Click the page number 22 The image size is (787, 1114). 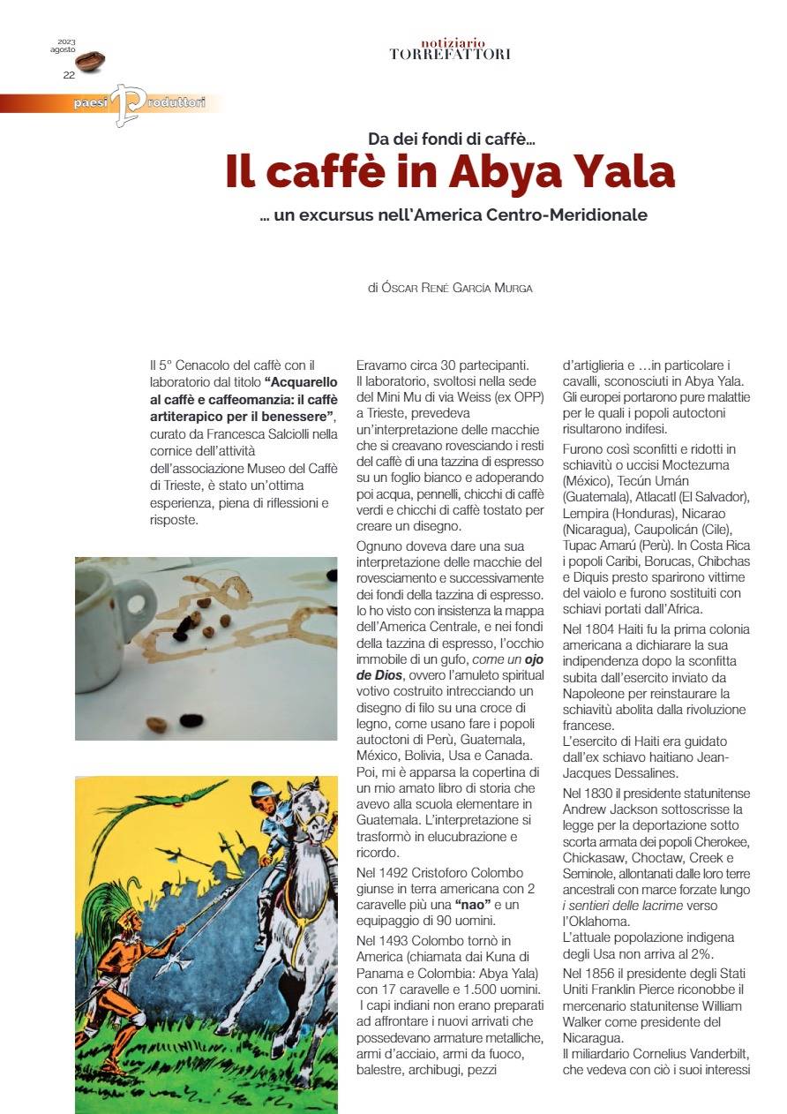click(x=69, y=75)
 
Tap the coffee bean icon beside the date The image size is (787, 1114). click(x=90, y=61)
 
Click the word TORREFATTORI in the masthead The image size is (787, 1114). click(x=450, y=55)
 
